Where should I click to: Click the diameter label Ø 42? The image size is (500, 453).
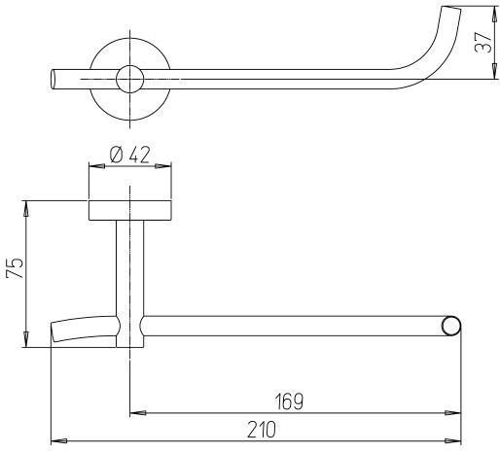(x=129, y=154)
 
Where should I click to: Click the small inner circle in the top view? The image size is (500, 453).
(x=128, y=79)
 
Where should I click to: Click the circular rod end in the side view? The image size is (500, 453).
(x=449, y=327)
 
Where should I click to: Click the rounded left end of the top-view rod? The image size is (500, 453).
(x=54, y=79)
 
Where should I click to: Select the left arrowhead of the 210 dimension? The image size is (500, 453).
(x=56, y=440)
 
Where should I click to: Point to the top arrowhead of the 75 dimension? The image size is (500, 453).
(x=27, y=206)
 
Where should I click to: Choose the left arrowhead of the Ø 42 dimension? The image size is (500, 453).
(x=93, y=166)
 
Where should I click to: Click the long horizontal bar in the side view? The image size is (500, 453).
(x=292, y=326)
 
